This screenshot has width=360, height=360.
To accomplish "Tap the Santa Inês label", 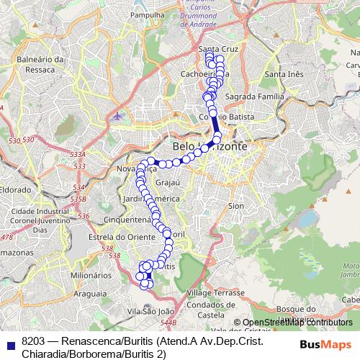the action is point(284,74).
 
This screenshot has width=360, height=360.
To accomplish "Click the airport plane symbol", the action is point(117,114).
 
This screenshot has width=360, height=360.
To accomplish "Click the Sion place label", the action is point(235,205).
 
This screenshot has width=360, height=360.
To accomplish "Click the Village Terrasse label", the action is point(215,293).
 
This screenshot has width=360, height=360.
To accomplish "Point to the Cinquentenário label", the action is point(129,218).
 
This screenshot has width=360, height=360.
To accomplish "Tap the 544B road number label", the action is point(168,322).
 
